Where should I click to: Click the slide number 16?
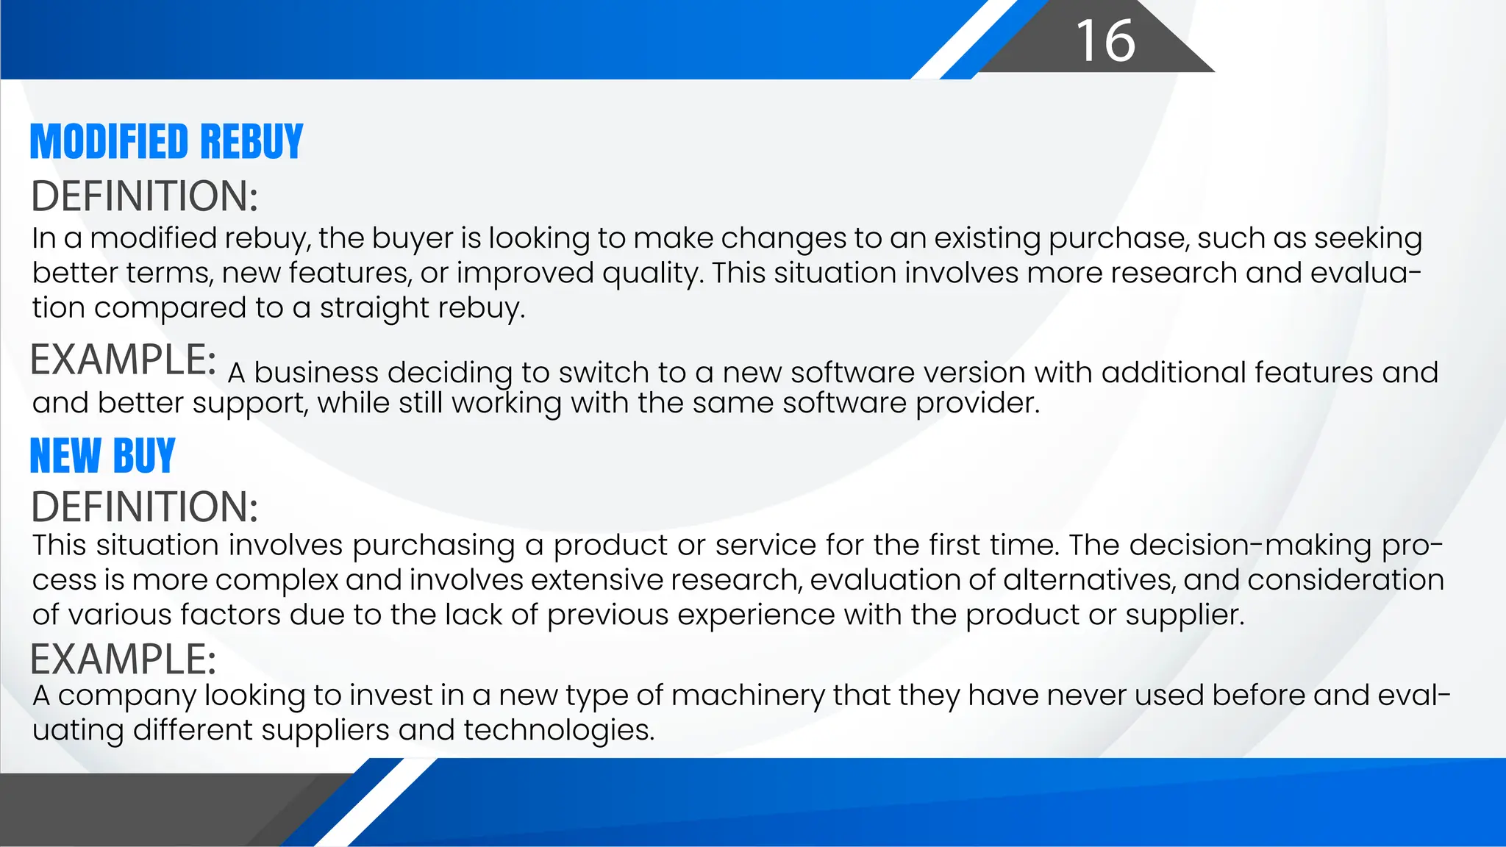1105,40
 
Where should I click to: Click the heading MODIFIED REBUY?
166,141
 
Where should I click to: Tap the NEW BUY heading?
102,455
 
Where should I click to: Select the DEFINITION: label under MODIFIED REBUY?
144,196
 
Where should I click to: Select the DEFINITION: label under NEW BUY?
144,507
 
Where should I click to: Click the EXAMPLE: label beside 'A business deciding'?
123,360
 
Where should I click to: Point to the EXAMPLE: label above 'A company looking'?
123,659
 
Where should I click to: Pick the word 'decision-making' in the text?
1250,546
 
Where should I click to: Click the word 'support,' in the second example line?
251,403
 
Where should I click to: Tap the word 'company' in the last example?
126,696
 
